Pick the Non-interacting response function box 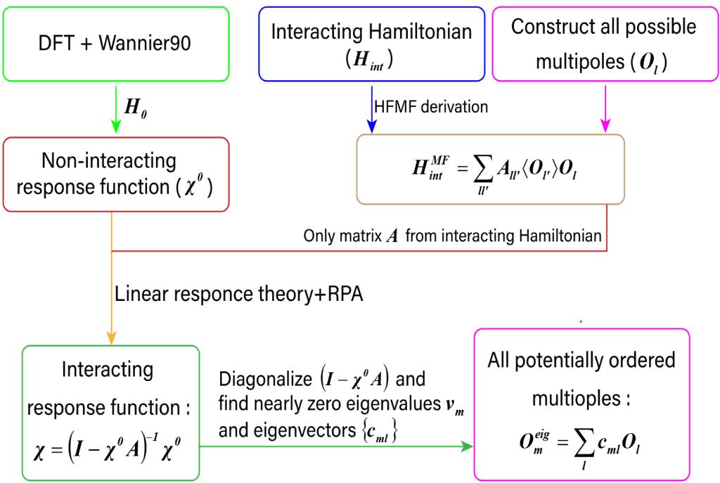(x=116, y=173)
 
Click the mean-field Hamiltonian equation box (x=490, y=169)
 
